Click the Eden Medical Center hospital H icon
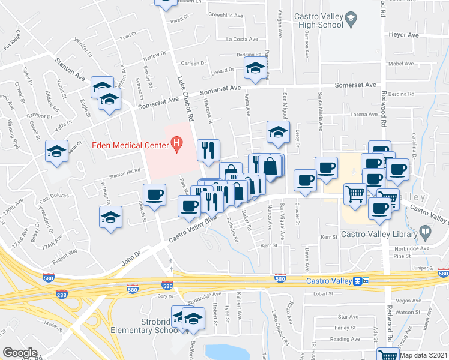pos(176,143)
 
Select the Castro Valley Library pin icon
pos(425,230)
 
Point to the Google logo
pos(20,352)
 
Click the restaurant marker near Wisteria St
pos(208,151)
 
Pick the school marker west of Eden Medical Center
pos(56,151)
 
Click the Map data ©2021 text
pos(423,355)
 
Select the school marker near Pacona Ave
pos(255,70)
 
